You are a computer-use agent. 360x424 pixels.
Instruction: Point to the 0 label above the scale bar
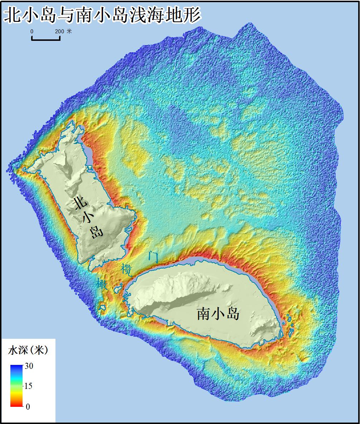[32, 32]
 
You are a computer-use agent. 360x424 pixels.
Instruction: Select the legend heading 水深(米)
[28, 351]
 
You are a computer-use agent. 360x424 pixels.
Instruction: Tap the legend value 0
[28, 406]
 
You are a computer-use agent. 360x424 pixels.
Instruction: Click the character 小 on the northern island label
[88, 218]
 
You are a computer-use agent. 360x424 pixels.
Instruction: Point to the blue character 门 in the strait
[153, 256]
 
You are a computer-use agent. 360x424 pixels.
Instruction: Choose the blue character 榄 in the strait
[127, 270]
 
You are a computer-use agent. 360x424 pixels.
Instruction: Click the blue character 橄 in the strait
[101, 284]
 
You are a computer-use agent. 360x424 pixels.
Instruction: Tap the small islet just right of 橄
[117, 289]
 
